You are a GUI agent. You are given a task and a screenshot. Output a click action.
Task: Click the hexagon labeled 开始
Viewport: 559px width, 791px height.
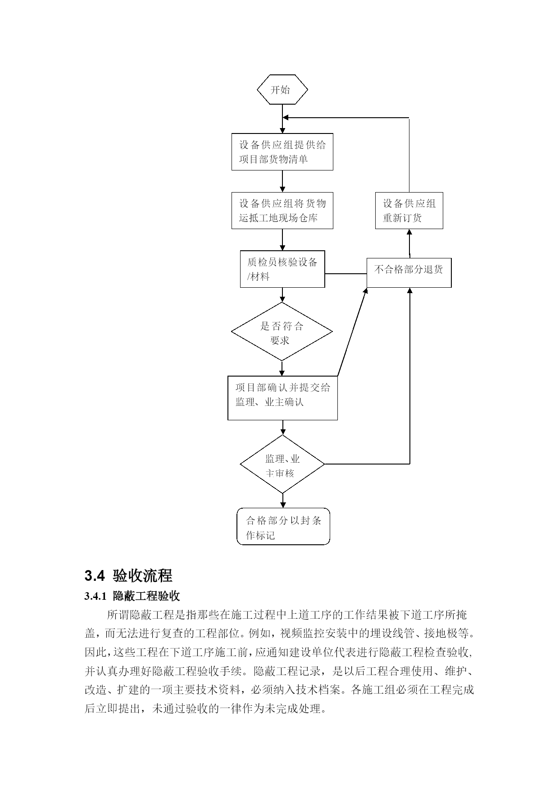[x=282, y=90]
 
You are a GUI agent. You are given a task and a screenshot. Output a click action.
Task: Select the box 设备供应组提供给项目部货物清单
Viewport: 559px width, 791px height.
[x=282, y=152]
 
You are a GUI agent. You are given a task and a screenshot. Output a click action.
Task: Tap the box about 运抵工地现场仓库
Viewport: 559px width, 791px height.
[x=282, y=211]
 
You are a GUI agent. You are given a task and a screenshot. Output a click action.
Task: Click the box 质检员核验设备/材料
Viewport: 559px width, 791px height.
[x=282, y=269]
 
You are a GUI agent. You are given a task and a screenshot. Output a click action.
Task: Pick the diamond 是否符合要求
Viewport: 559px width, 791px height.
[x=282, y=331]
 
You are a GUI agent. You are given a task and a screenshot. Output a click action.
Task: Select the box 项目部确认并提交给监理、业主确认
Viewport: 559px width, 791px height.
[x=282, y=398]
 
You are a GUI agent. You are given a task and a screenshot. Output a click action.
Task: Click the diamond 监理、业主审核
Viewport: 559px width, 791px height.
[x=282, y=464]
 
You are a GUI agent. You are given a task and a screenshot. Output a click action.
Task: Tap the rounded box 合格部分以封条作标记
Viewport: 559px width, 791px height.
[x=283, y=526]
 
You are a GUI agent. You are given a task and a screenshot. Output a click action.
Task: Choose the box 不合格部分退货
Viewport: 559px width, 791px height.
[x=409, y=273]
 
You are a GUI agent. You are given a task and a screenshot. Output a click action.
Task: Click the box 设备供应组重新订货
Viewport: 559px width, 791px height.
[x=409, y=211]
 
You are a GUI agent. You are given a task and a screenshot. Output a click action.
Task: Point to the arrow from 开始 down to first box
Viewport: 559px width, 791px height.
[x=282, y=119]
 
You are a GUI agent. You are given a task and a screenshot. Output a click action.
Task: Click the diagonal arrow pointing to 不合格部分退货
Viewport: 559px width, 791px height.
[x=353, y=332]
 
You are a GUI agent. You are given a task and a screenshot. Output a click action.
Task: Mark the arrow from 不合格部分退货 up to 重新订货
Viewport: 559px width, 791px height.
[x=409, y=244]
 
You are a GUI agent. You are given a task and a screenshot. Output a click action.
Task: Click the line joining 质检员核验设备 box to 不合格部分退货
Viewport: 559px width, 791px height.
[x=346, y=274]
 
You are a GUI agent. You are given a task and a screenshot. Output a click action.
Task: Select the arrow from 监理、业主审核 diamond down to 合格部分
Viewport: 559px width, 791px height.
[x=283, y=501]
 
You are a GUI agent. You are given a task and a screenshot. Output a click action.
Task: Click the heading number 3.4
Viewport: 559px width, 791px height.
[x=94, y=576]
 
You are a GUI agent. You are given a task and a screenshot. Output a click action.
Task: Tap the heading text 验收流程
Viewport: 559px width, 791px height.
[x=143, y=576]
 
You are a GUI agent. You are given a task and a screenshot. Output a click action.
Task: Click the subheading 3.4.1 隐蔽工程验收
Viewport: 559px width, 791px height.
[x=132, y=596]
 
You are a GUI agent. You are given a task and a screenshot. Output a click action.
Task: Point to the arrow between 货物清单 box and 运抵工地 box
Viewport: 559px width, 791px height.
[x=282, y=181]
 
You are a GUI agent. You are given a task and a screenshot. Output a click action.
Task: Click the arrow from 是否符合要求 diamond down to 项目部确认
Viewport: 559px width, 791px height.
[x=282, y=368]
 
